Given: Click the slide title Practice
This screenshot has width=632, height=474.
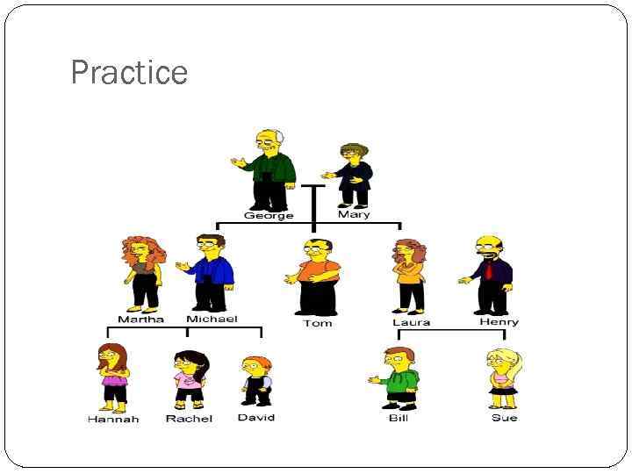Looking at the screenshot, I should [x=129, y=72].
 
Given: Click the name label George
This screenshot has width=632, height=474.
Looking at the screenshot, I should [x=269, y=215].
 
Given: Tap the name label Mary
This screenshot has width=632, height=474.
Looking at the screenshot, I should [x=354, y=214].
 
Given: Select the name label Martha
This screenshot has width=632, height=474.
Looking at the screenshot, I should [x=140, y=320].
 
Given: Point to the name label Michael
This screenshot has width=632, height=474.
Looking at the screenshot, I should [x=212, y=319].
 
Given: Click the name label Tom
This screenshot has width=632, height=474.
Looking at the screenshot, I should [x=317, y=323].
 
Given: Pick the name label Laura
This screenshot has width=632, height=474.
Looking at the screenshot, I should [x=411, y=322].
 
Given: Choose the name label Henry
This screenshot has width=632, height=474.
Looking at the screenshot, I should [x=499, y=321].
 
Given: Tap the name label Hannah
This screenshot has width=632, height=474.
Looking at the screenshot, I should [x=113, y=419].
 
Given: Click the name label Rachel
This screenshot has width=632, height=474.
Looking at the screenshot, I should [x=189, y=419].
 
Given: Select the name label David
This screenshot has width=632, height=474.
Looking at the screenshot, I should [x=256, y=417].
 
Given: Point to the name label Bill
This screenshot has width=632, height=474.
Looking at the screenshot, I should [x=399, y=418].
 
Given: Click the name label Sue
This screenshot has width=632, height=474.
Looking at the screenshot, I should [x=504, y=418].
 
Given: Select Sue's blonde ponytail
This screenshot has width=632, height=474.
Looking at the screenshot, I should [x=514, y=360].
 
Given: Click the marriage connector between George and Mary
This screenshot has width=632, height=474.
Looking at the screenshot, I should [x=312, y=186].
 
